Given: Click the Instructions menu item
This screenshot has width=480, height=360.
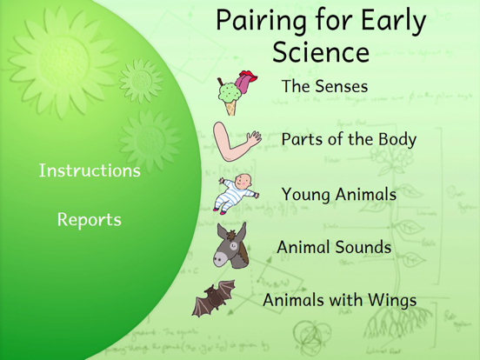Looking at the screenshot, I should click(x=89, y=170).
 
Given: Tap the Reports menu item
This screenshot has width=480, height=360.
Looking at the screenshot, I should click(x=89, y=220).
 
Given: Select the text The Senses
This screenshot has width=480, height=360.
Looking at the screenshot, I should click(x=324, y=87).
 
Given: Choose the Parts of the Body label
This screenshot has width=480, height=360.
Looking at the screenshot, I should click(x=348, y=139).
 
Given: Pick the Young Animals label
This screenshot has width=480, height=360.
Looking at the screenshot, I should click(x=338, y=194).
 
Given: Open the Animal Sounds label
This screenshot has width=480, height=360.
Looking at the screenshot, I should click(x=334, y=248).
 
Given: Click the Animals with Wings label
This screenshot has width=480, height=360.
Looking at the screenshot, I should click(x=339, y=301).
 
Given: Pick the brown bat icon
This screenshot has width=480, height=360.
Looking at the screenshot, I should click(x=213, y=300).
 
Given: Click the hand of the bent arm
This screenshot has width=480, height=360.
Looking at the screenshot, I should click(x=253, y=135).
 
